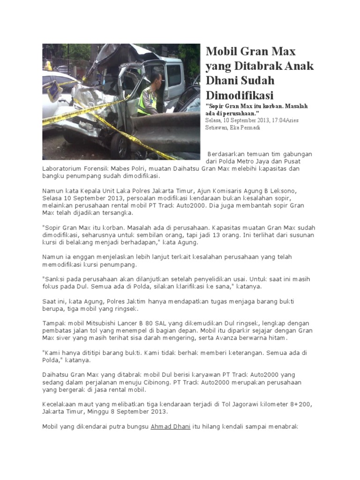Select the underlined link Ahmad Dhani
click(170, 427)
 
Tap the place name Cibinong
click(159, 382)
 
